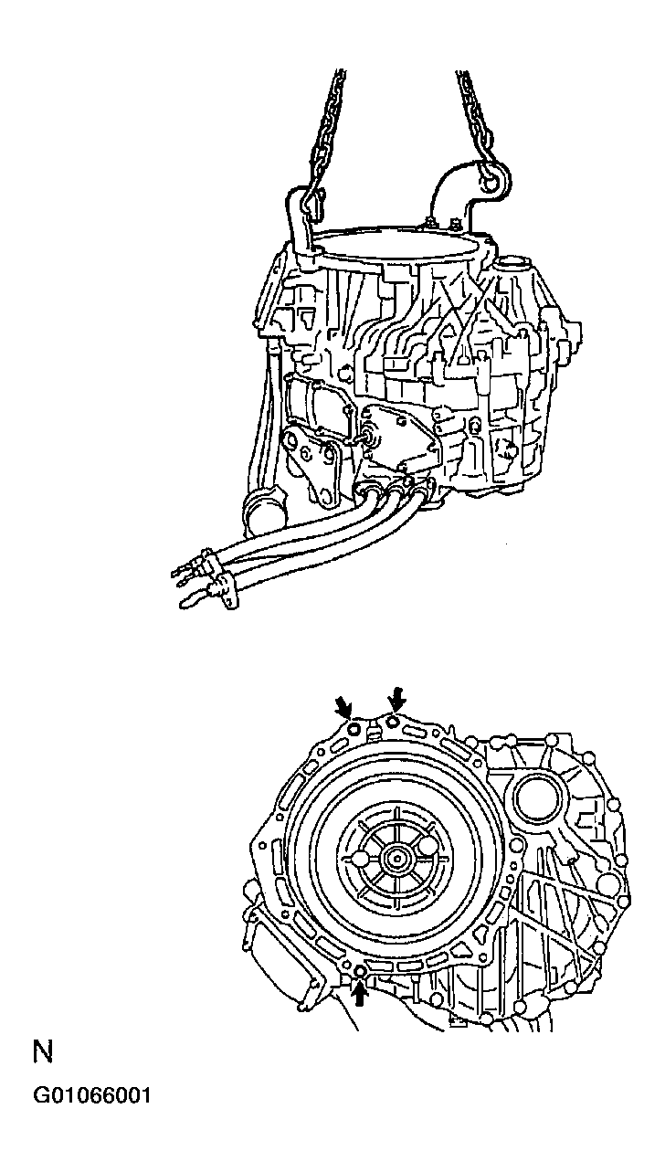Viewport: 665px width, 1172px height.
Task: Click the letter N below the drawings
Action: [43, 1051]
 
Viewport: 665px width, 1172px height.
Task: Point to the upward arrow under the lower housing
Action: [360, 992]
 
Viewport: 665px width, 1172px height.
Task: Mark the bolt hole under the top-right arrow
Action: [393, 722]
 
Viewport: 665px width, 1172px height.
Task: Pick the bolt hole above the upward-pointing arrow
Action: [359, 969]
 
